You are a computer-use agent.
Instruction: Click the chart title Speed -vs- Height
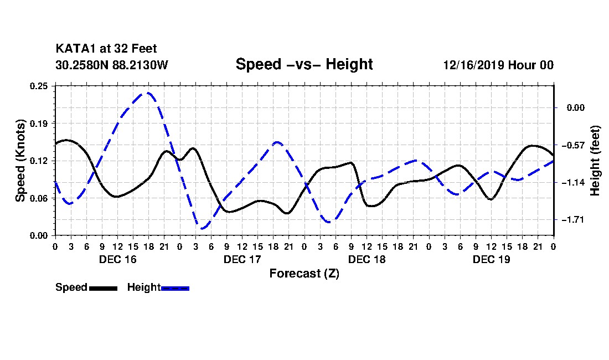coord(304,64)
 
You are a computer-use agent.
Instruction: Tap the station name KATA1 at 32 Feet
coord(106,49)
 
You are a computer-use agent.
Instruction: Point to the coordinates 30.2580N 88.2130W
coord(111,65)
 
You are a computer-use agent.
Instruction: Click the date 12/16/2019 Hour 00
coord(498,65)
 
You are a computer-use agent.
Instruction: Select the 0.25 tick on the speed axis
coord(39,86)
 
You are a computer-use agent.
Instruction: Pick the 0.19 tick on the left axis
coord(39,124)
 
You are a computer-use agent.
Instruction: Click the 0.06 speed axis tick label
coord(39,198)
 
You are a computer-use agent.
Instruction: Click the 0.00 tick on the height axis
coord(576,107)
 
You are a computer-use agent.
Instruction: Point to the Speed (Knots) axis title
coord(20,161)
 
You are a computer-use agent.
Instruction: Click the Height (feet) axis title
coord(595,161)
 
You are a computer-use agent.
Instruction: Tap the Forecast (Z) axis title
coord(304,274)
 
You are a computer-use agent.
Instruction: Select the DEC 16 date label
coord(118,259)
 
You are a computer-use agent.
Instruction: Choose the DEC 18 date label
coord(367,259)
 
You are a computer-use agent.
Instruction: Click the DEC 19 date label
coord(491,259)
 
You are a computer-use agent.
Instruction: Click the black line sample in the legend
coord(104,289)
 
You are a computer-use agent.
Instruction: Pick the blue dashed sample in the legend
coord(175,289)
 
